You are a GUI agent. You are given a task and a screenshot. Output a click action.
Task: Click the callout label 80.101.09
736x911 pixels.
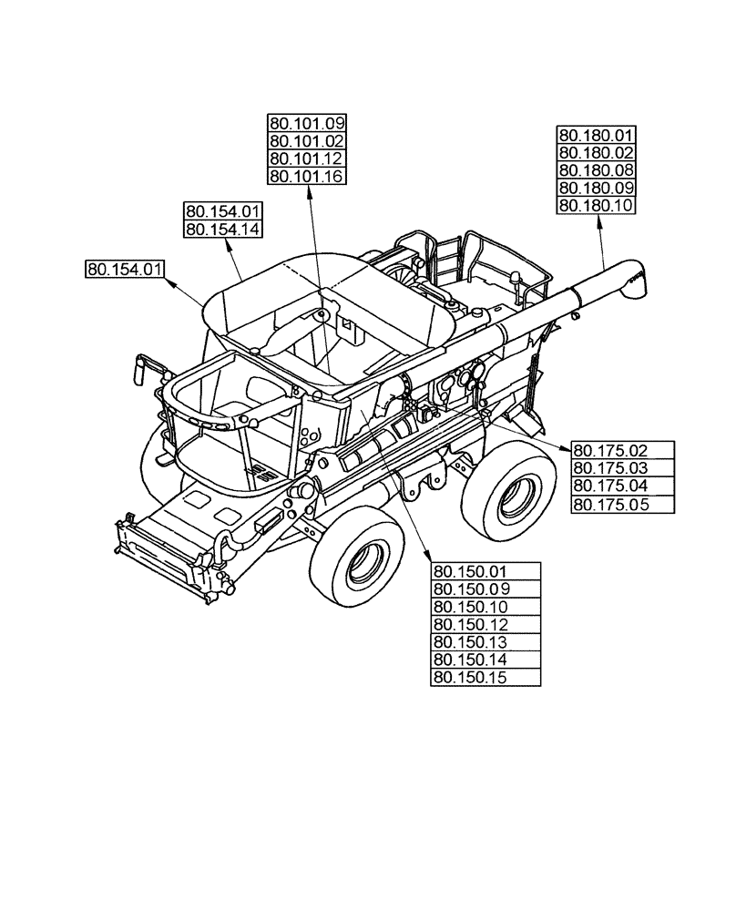307,124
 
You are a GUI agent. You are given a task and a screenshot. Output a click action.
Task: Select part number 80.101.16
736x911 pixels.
307,176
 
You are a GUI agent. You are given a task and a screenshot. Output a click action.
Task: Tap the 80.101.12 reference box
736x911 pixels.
307,159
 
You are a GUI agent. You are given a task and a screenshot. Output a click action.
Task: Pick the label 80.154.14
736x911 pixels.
223,229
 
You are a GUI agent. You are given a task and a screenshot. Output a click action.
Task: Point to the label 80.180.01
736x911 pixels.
596,136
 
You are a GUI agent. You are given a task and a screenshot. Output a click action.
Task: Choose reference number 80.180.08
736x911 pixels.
596,170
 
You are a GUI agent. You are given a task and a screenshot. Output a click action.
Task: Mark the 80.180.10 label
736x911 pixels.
596,205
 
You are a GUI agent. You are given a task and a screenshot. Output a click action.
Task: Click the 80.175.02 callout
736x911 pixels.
622,449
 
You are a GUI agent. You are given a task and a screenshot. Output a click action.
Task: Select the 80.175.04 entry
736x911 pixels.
622,485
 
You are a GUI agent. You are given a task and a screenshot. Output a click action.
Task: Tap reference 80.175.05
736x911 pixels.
622,503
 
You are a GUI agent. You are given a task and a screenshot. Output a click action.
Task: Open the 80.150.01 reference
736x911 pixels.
485,572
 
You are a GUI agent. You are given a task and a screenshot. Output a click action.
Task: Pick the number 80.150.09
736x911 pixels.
485,589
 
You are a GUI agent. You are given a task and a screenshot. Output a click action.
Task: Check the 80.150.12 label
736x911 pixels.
485,624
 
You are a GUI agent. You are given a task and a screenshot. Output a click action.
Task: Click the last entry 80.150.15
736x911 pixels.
485,677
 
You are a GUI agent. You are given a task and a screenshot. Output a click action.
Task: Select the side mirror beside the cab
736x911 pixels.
142,366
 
